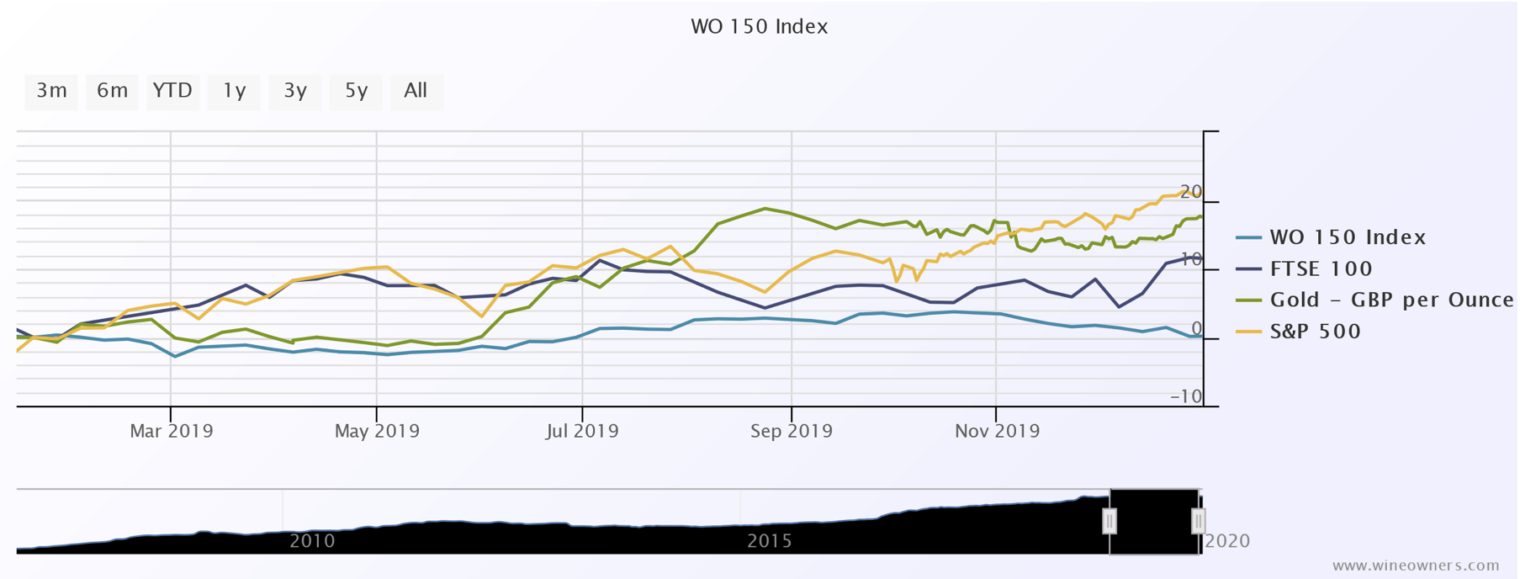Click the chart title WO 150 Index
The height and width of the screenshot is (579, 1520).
[759, 27]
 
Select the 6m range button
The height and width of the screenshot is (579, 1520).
[112, 91]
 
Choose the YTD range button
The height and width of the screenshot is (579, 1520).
[172, 91]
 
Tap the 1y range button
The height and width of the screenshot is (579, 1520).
[234, 91]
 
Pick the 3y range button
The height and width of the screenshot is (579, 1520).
[294, 91]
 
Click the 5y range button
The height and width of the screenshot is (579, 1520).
[356, 91]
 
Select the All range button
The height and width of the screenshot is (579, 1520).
[416, 91]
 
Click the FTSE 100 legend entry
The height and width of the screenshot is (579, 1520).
[1321, 269]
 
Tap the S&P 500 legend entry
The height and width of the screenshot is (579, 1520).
[1315, 332]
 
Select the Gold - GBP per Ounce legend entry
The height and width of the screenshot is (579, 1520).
[1390, 300]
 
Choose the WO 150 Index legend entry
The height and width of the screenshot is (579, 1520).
[1348, 238]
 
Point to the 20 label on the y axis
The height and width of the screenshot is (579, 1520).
[1191, 192]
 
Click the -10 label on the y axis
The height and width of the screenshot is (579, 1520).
[1187, 396]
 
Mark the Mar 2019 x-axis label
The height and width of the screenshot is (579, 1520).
[172, 432]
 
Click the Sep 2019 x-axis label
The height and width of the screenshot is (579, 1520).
[792, 432]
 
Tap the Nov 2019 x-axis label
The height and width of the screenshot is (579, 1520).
[997, 432]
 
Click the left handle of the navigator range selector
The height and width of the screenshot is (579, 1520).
[1110, 522]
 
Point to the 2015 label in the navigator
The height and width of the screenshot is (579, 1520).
[769, 541]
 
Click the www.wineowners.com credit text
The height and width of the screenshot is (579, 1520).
[1416, 566]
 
